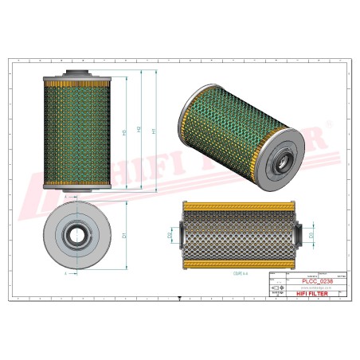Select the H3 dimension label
(x=125, y=132)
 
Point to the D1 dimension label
(x=125, y=236)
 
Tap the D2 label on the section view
(x=170, y=235)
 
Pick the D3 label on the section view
(x=311, y=235)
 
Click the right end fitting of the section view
(x=299, y=235)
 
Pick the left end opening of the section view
(x=182, y=235)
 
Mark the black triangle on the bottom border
(x=180, y=300)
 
